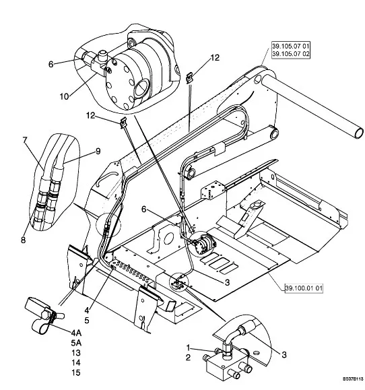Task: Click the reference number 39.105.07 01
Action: [291, 46]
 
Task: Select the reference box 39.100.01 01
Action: [304, 288]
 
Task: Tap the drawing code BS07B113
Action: [353, 379]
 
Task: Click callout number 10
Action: [65, 96]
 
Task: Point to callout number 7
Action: [24, 140]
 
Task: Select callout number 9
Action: [98, 151]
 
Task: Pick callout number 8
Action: [23, 240]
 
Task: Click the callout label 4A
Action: [76, 333]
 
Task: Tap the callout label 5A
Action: [76, 343]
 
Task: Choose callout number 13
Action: [76, 353]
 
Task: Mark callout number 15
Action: [76, 372]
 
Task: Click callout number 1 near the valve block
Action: [188, 347]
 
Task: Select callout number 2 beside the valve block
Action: [188, 358]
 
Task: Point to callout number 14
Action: [76, 362]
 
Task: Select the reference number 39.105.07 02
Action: [291, 54]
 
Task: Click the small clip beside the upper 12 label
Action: [189, 77]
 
